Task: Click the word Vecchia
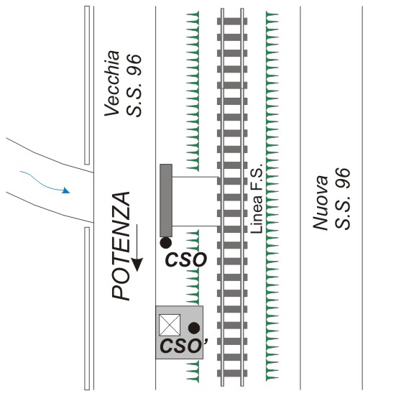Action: coord(112,83)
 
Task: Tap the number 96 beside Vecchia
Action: coord(134,65)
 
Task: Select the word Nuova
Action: coord(321,203)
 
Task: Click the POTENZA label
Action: coord(121,247)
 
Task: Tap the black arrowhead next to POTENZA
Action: coord(137,264)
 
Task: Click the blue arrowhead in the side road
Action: coord(66,190)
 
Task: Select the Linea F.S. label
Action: coord(257,198)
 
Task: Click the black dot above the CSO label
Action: coord(166,243)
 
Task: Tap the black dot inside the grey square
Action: coord(194,328)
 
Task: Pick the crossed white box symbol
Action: coord(170,325)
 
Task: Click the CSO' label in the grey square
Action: coord(184,346)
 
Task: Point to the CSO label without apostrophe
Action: coord(186,259)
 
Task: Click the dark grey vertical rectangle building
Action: coord(166,201)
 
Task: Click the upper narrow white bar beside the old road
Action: coord(87,85)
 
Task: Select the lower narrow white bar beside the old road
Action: coord(87,308)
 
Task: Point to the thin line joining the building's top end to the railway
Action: coord(195,177)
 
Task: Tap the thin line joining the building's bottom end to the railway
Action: coord(195,226)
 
